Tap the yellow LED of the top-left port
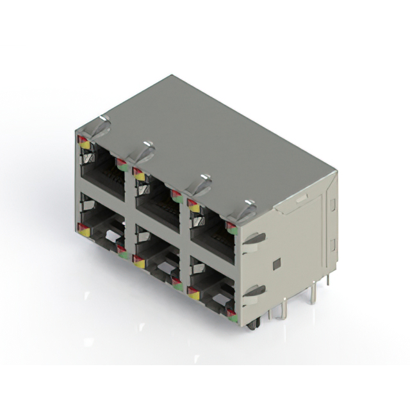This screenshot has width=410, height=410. click(85, 145)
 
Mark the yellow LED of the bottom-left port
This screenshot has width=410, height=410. click(84, 233)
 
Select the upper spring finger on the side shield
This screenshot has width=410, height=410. click(254, 239)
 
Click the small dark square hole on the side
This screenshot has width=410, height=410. click(276, 263)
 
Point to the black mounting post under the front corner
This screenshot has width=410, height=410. click(254, 324)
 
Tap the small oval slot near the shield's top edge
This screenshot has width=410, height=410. click(300, 199)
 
